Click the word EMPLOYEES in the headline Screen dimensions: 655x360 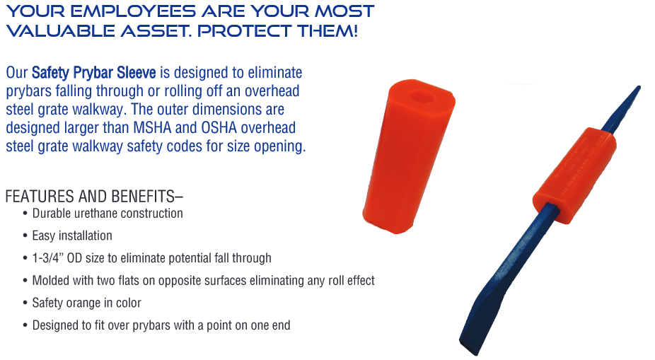coord(133,11)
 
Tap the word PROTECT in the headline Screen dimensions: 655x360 coord(245,31)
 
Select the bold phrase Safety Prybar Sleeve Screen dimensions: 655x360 coord(93,73)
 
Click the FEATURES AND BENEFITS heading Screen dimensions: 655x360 coord(94,196)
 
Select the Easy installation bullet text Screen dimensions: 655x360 coord(72,236)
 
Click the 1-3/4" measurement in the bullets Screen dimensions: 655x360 coord(47,258)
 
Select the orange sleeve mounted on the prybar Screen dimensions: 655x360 coord(574,175)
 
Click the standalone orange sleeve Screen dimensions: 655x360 coord(409,156)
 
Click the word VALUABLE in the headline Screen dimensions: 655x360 coord(61,31)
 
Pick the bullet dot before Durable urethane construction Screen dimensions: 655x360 coord(25,214)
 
